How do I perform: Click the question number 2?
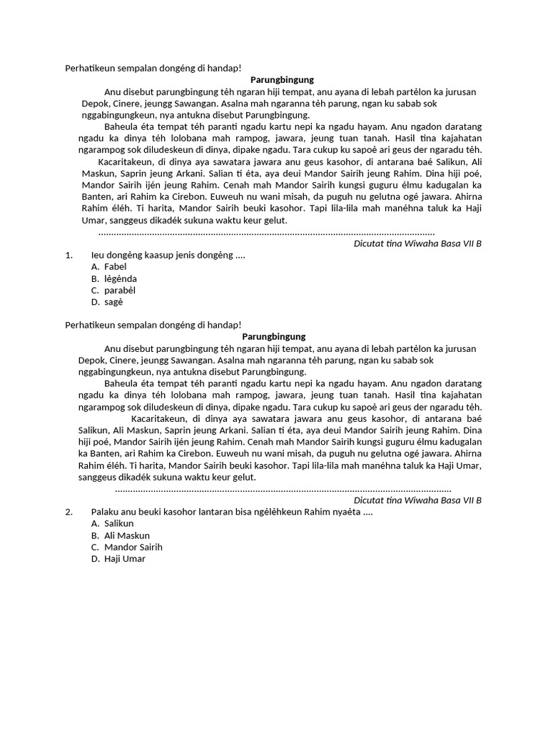(x=68, y=512)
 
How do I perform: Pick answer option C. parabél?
(x=113, y=291)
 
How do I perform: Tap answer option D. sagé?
(x=108, y=302)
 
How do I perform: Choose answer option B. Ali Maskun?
(x=121, y=535)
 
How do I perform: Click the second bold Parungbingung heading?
(x=274, y=336)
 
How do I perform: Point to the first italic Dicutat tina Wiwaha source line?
(x=417, y=243)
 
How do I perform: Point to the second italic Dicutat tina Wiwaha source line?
(x=417, y=500)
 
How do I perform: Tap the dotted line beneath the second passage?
(x=283, y=490)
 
